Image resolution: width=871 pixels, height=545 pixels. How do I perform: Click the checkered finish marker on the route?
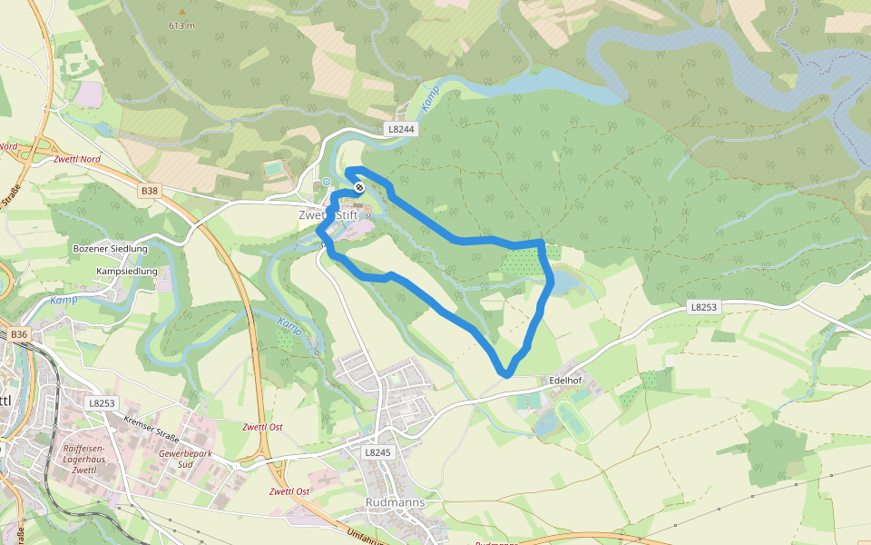[359, 187]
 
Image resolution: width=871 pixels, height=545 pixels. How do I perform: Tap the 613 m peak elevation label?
[181, 25]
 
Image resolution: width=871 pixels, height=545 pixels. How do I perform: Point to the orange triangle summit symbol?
[181, 12]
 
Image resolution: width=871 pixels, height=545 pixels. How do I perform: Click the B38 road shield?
[150, 191]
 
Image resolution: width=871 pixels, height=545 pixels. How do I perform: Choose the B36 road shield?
[20, 335]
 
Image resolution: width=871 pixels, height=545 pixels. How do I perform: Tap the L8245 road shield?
[377, 451]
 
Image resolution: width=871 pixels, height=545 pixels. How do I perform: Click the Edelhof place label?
[570, 380]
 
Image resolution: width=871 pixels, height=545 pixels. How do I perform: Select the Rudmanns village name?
[394, 501]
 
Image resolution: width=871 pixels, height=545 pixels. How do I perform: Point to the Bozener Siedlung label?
[110, 248]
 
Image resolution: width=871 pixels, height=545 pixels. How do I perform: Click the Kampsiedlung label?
[127, 271]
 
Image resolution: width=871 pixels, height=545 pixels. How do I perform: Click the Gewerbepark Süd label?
[177, 458]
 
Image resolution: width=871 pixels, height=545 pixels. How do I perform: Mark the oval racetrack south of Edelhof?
[573, 422]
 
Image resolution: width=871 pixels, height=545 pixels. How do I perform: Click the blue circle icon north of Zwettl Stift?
[327, 181]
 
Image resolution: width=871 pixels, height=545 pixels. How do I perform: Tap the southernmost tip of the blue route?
[507, 373]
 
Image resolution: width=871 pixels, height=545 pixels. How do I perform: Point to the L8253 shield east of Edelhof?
[703, 307]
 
